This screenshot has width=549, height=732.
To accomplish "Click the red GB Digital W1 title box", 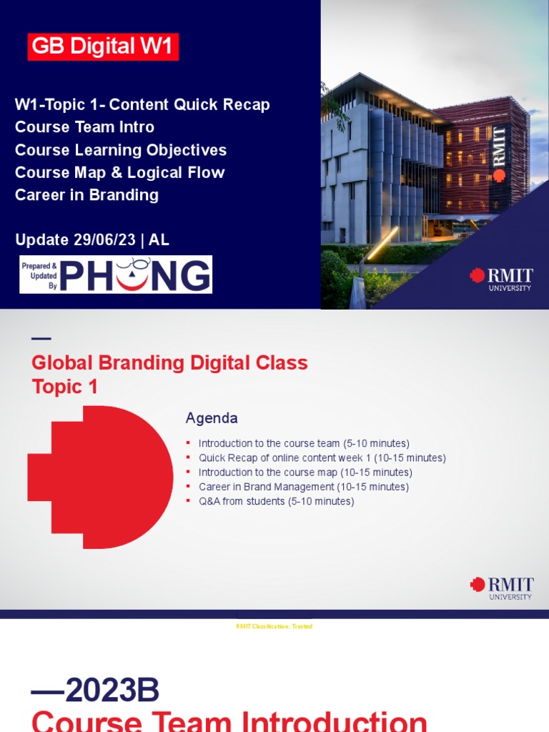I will (103, 46).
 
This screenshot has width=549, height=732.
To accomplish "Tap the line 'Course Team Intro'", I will (84, 127).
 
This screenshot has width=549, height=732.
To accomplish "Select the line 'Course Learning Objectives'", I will (121, 150).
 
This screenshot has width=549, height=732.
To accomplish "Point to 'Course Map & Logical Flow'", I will (119, 172).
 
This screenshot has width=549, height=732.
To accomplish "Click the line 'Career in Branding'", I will (86, 195).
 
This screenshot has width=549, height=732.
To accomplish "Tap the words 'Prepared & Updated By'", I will (39, 274).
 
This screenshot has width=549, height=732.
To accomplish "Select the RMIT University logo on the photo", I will (501, 279).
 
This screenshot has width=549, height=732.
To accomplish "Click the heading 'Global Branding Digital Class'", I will (169, 363).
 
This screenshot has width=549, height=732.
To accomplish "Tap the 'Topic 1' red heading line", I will (64, 387).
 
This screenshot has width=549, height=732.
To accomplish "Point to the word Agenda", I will (212, 418).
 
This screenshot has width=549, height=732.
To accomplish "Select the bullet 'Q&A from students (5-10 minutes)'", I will (276, 501).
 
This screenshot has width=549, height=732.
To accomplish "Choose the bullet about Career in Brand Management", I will (303, 487).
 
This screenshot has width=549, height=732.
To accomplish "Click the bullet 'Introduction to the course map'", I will (305, 473).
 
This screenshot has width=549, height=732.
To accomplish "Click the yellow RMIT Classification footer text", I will (274, 626).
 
